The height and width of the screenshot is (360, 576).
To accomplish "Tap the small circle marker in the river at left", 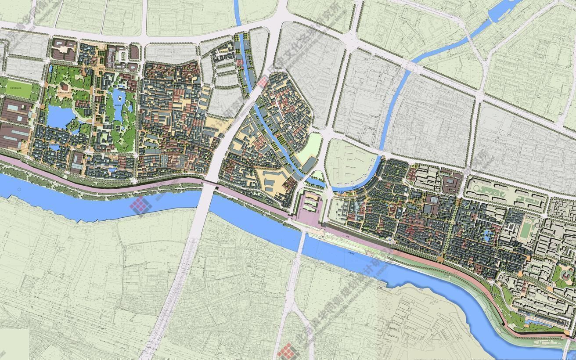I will tap(19, 190).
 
